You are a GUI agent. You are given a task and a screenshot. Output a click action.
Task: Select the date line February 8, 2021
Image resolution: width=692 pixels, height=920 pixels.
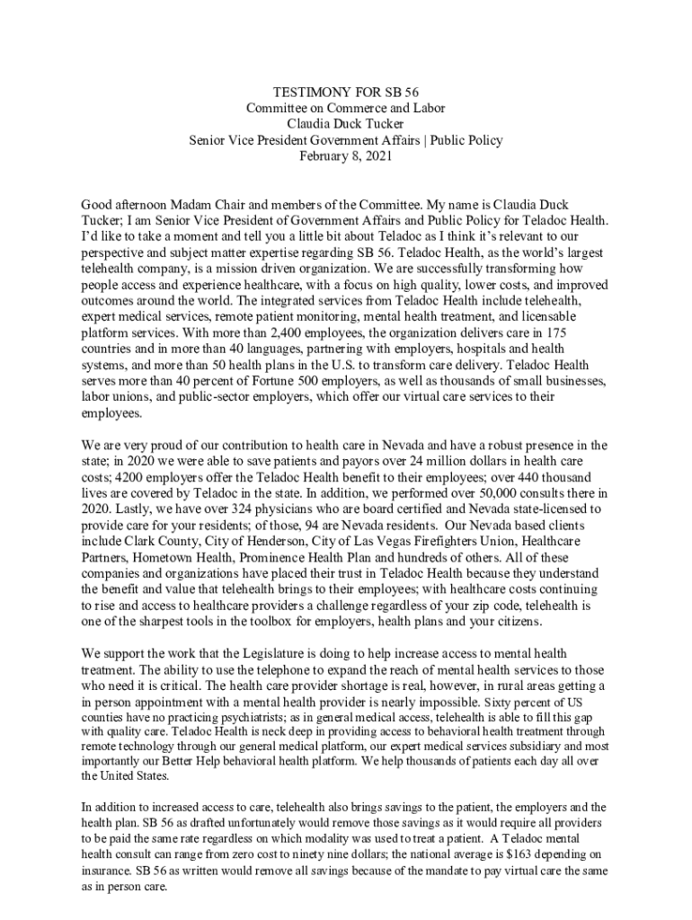tap(346, 156)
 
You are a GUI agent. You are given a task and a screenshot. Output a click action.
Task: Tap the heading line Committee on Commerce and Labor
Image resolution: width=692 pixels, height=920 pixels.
tap(346, 108)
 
